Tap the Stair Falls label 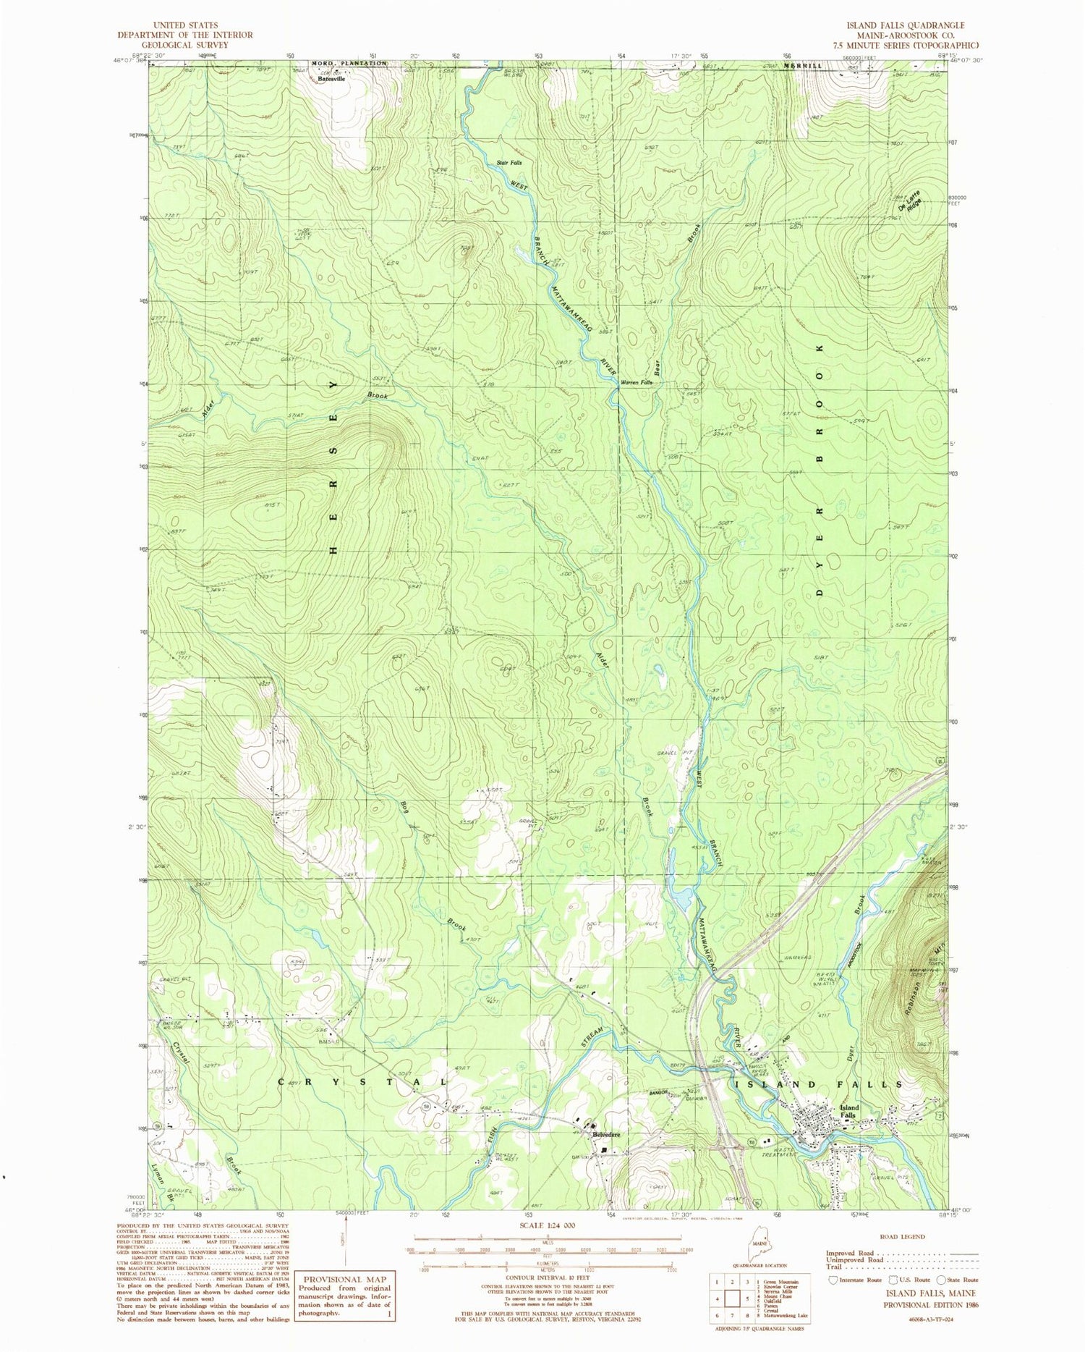(x=509, y=162)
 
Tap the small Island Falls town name (x=848, y=1112)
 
